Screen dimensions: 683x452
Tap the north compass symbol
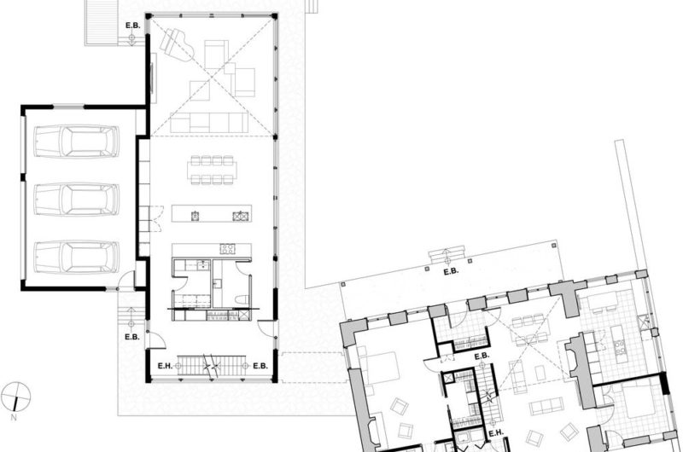[x=16, y=397]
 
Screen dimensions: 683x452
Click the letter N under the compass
[x=14, y=418]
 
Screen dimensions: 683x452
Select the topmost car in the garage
[x=76, y=141]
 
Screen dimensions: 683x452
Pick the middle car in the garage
[x=76, y=200]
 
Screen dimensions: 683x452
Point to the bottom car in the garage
[x=76, y=257]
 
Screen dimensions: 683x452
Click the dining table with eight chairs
[x=212, y=170]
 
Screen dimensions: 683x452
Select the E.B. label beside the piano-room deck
[x=133, y=26]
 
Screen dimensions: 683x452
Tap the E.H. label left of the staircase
[x=165, y=367]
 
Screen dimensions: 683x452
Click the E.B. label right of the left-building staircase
[x=260, y=367]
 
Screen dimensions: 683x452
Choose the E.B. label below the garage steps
[x=132, y=337]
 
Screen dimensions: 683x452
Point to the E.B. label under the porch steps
[x=452, y=272]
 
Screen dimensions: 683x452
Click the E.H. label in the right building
[x=496, y=433]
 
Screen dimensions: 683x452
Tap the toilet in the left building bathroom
[x=242, y=299]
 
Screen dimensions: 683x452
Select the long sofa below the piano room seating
[x=209, y=122]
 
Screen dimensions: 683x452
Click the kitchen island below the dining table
[x=212, y=213]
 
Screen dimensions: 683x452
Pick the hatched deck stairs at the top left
[x=102, y=22]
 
